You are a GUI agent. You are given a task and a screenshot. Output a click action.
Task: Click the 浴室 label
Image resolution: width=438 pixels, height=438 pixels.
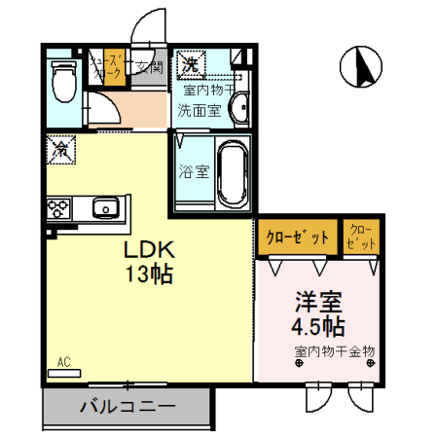(194, 172)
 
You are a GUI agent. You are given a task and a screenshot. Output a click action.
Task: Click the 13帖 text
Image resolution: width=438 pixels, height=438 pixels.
(148, 274)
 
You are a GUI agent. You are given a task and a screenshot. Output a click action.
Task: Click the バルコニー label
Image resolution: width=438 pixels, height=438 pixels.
(127, 407)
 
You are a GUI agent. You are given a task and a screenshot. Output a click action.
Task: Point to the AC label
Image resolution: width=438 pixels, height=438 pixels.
(64, 362)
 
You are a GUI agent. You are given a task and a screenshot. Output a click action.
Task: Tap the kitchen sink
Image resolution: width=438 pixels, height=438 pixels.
(104, 206)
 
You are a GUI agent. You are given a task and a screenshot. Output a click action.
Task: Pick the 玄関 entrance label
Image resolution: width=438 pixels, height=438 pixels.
(148, 67)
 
